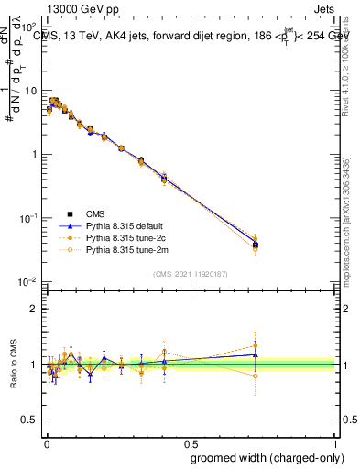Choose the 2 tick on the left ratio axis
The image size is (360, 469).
(34, 309)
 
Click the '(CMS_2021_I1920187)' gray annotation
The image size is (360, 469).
(190, 273)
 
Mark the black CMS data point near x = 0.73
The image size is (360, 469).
(256, 245)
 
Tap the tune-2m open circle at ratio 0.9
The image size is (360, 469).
(256, 376)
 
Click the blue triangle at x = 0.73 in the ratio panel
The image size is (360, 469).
(256, 354)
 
